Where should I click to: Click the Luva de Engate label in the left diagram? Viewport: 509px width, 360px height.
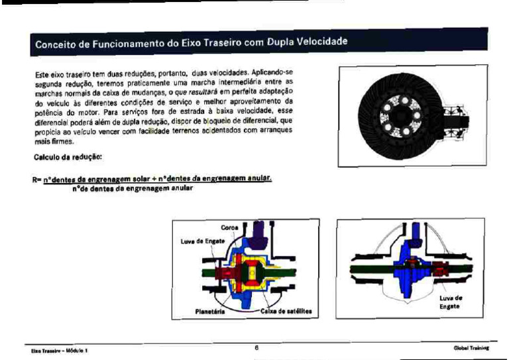[197, 241]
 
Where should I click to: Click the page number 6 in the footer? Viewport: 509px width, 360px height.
[256, 346]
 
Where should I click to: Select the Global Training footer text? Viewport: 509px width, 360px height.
[471, 347]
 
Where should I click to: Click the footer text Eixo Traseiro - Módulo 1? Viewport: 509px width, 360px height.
[59, 350]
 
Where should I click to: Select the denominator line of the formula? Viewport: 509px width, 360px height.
[132, 188]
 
